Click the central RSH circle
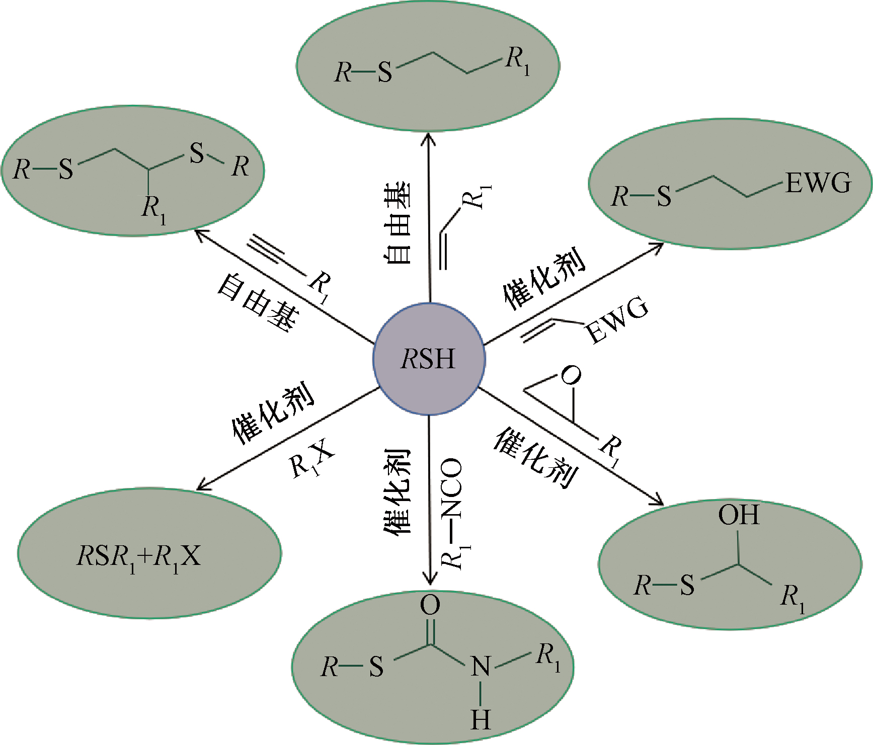click(x=429, y=359)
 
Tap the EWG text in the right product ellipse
click(x=818, y=183)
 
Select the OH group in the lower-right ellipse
click(x=738, y=515)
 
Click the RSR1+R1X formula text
click(x=139, y=557)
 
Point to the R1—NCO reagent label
click(x=452, y=513)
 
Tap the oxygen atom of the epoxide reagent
click(x=571, y=375)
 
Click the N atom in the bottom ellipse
click(x=481, y=667)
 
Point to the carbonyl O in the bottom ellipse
click(x=430, y=605)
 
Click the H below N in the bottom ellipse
click(x=481, y=720)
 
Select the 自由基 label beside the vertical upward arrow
click(x=398, y=223)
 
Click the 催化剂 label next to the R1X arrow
click(x=273, y=412)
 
